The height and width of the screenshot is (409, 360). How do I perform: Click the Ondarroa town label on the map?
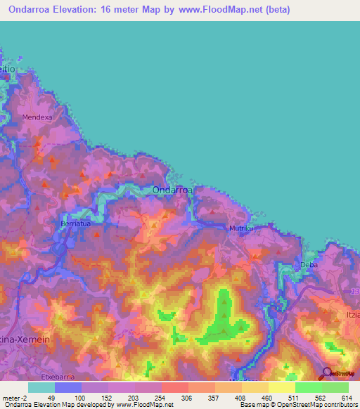coord(171,189)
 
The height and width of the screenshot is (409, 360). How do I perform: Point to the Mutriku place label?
coord(240,228)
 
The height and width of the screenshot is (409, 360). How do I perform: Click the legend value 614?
coord(346,397)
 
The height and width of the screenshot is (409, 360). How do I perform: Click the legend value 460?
coord(266,397)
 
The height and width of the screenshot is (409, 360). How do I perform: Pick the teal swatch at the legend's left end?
coord(41,387)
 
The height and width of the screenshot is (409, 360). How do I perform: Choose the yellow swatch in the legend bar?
coord(281,387)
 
